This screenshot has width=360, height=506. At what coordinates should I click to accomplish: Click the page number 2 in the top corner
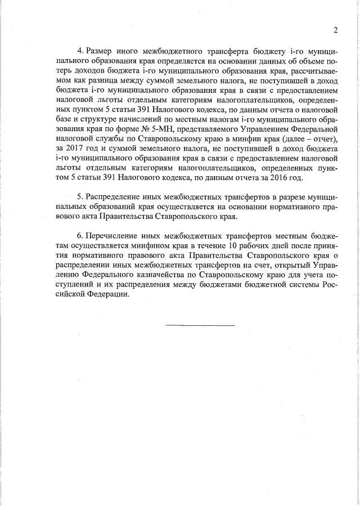(x=335, y=30)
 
